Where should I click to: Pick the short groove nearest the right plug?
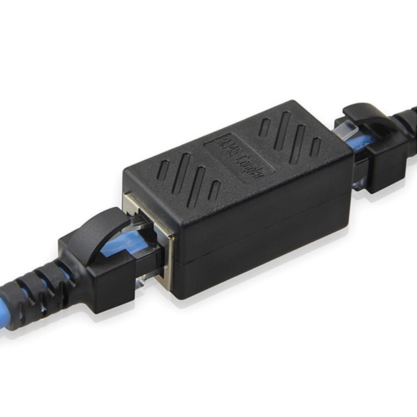coord(316,147)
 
